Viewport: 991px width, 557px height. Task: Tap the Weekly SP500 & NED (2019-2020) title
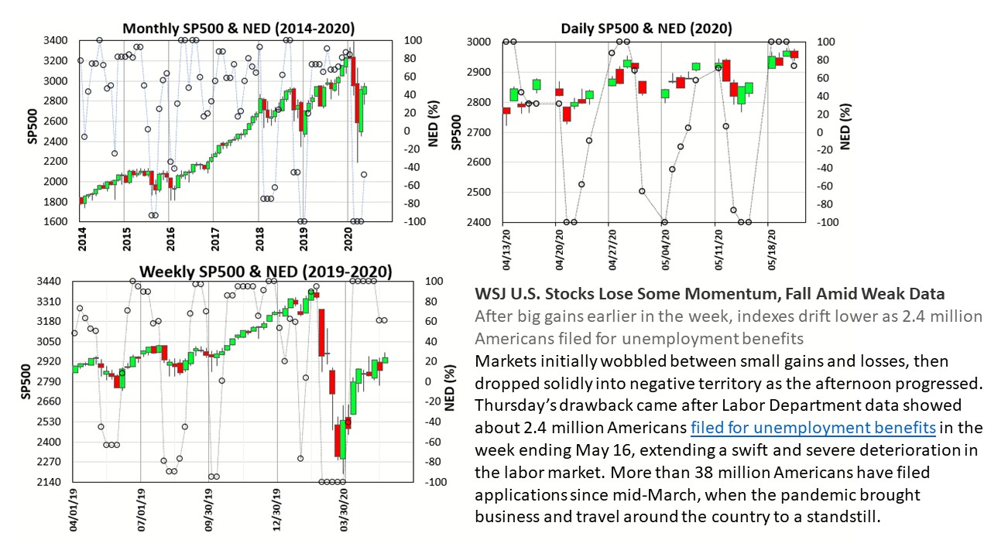pos(266,272)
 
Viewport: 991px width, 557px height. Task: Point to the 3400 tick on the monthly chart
pos(56,40)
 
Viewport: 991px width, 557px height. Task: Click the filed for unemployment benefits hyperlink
pos(814,428)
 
